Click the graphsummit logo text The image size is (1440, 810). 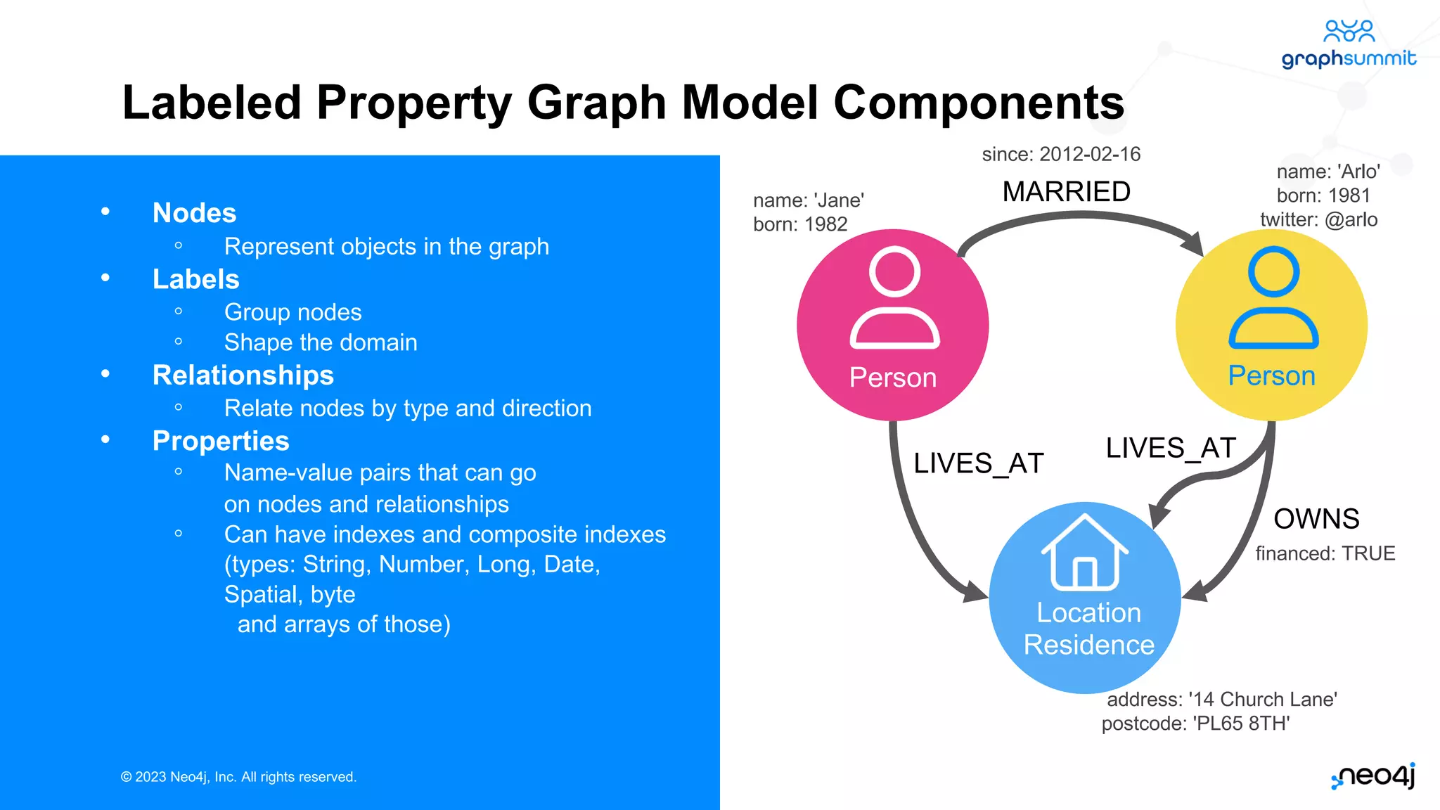tap(1349, 58)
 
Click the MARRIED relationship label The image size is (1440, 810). tap(1066, 192)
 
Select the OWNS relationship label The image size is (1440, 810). tap(1316, 519)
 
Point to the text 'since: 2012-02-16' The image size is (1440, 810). tap(1061, 154)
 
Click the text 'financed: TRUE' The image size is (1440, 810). tap(1325, 553)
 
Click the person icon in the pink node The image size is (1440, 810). tap(894, 298)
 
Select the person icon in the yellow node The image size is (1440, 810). tap(1273, 298)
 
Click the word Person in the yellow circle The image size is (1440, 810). tap(1271, 375)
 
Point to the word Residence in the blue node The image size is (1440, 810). tap(1088, 645)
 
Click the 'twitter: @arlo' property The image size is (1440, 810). tap(1318, 219)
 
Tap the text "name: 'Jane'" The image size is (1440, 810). tap(809, 200)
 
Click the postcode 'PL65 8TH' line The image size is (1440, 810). tap(1195, 724)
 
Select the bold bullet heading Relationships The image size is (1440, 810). tap(243, 375)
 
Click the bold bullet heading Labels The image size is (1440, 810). tap(196, 279)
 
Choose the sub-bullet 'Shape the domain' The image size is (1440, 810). tap(321, 342)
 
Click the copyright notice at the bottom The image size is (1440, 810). tap(239, 777)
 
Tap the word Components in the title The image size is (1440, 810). tap(979, 103)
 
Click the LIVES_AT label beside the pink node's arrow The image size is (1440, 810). tap(978, 463)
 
